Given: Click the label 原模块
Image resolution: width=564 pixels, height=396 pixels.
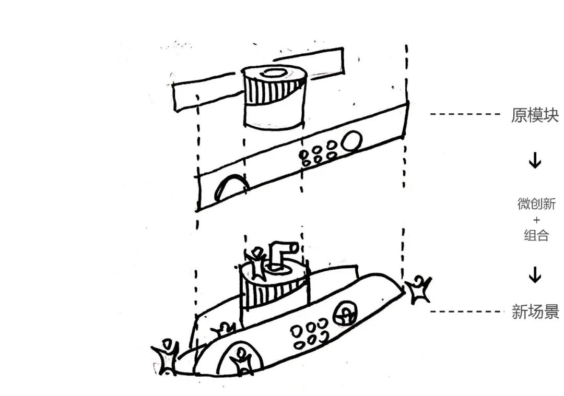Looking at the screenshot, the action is click(534, 115).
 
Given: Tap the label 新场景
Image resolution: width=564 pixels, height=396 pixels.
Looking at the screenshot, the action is click(535, 312).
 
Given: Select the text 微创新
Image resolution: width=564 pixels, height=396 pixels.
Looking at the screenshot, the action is click(536, 204).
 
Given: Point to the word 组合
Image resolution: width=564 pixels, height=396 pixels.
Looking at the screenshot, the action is click(536, 235).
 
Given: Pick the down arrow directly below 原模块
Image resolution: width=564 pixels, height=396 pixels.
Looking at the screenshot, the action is click(535, 161).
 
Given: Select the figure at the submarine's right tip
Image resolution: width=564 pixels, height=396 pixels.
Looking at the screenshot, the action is click(418, 291).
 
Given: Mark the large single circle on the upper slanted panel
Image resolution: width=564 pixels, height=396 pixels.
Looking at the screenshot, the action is click(352, 140).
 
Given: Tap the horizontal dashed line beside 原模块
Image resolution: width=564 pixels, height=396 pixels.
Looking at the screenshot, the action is click(465, 115).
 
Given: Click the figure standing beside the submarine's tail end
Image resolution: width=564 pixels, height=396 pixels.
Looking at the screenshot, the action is click(166, 357).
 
